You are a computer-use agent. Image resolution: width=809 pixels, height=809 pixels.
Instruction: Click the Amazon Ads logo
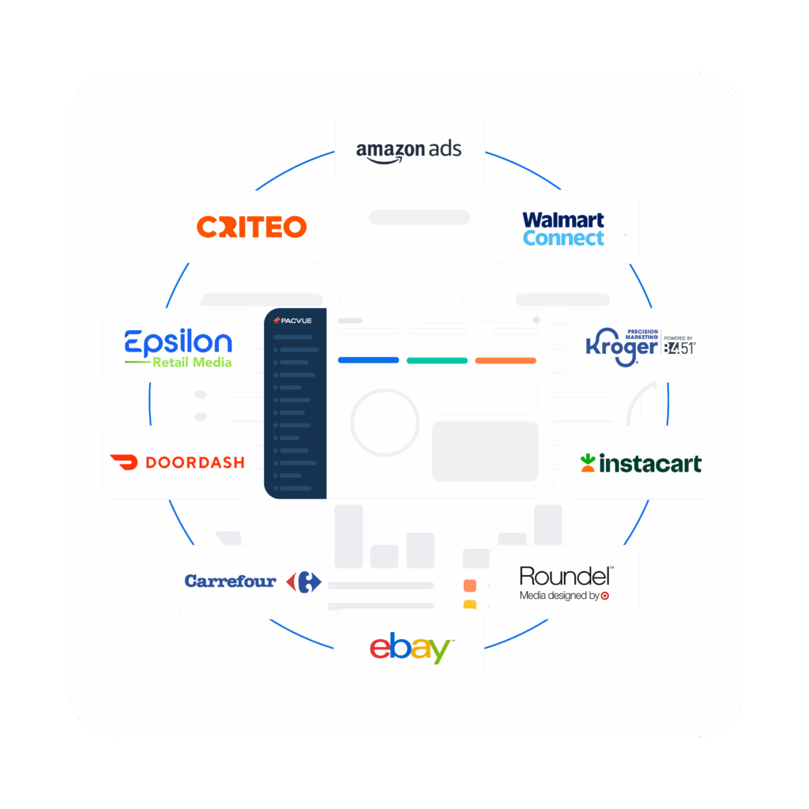(408, 151)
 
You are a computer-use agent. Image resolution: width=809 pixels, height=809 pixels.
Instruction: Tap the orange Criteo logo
(252, 227)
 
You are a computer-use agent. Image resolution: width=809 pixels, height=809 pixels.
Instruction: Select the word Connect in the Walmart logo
(563, 238)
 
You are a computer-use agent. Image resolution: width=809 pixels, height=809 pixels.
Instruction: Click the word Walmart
(563, 220)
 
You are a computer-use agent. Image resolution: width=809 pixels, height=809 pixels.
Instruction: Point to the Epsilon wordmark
(178, 342)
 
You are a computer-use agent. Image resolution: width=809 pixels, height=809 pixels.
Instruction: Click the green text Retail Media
(192, 362)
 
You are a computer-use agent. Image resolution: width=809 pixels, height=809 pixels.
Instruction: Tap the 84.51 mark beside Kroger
(679, 348)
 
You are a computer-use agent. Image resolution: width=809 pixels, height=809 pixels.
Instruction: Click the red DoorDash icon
(124, 461)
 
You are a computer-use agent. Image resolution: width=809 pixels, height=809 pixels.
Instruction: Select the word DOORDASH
(195, 462)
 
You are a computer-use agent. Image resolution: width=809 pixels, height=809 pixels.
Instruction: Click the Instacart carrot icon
(588, 463)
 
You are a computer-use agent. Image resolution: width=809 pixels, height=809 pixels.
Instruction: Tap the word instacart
(650, 463)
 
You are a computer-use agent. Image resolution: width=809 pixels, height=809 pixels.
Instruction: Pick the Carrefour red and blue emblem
(304, 582)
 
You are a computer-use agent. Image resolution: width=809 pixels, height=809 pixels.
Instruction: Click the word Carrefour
(230, 581)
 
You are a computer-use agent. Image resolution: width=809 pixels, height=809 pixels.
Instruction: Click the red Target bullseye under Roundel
(605, 596)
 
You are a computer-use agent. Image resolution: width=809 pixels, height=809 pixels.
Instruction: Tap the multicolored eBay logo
(411, 647)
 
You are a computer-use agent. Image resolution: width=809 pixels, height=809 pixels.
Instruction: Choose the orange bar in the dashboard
(506, 360)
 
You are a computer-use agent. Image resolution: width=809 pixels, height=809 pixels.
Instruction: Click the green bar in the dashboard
(437, 360)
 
